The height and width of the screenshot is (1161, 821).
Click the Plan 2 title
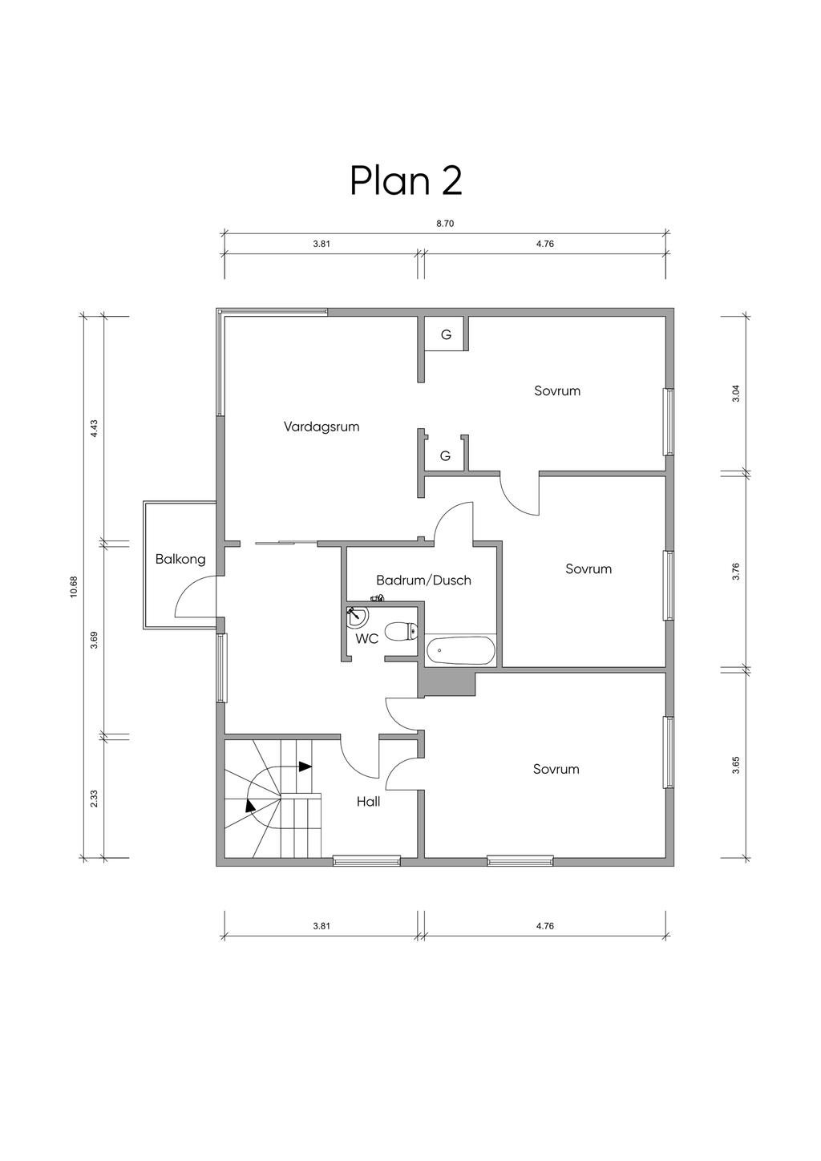406,181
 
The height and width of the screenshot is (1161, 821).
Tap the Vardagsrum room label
322,427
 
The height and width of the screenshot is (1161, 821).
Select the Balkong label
180,560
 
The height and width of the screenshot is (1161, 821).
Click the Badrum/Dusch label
423,580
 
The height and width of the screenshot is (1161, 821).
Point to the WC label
366,639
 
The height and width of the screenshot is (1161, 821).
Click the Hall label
368,802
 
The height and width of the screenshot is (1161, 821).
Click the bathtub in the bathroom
460,650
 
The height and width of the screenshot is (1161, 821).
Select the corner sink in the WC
356,617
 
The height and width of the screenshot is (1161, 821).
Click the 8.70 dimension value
445,224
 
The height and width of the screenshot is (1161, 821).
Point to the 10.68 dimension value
74,587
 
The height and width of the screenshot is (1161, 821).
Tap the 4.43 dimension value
94,429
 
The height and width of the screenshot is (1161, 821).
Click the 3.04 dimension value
737,394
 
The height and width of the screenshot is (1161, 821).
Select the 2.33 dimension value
94,799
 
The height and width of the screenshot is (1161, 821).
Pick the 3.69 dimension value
94,640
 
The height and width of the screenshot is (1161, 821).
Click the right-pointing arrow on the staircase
305,766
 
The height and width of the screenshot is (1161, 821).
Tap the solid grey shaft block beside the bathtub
447,682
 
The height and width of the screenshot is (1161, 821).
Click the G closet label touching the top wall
446,335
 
